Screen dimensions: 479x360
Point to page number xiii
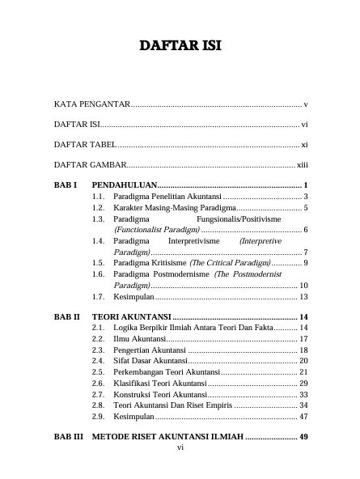pos(303,166)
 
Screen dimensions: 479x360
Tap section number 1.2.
pos(98,208)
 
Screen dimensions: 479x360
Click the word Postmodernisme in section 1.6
pos(180,274)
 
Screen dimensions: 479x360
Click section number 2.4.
pos(98,360)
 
